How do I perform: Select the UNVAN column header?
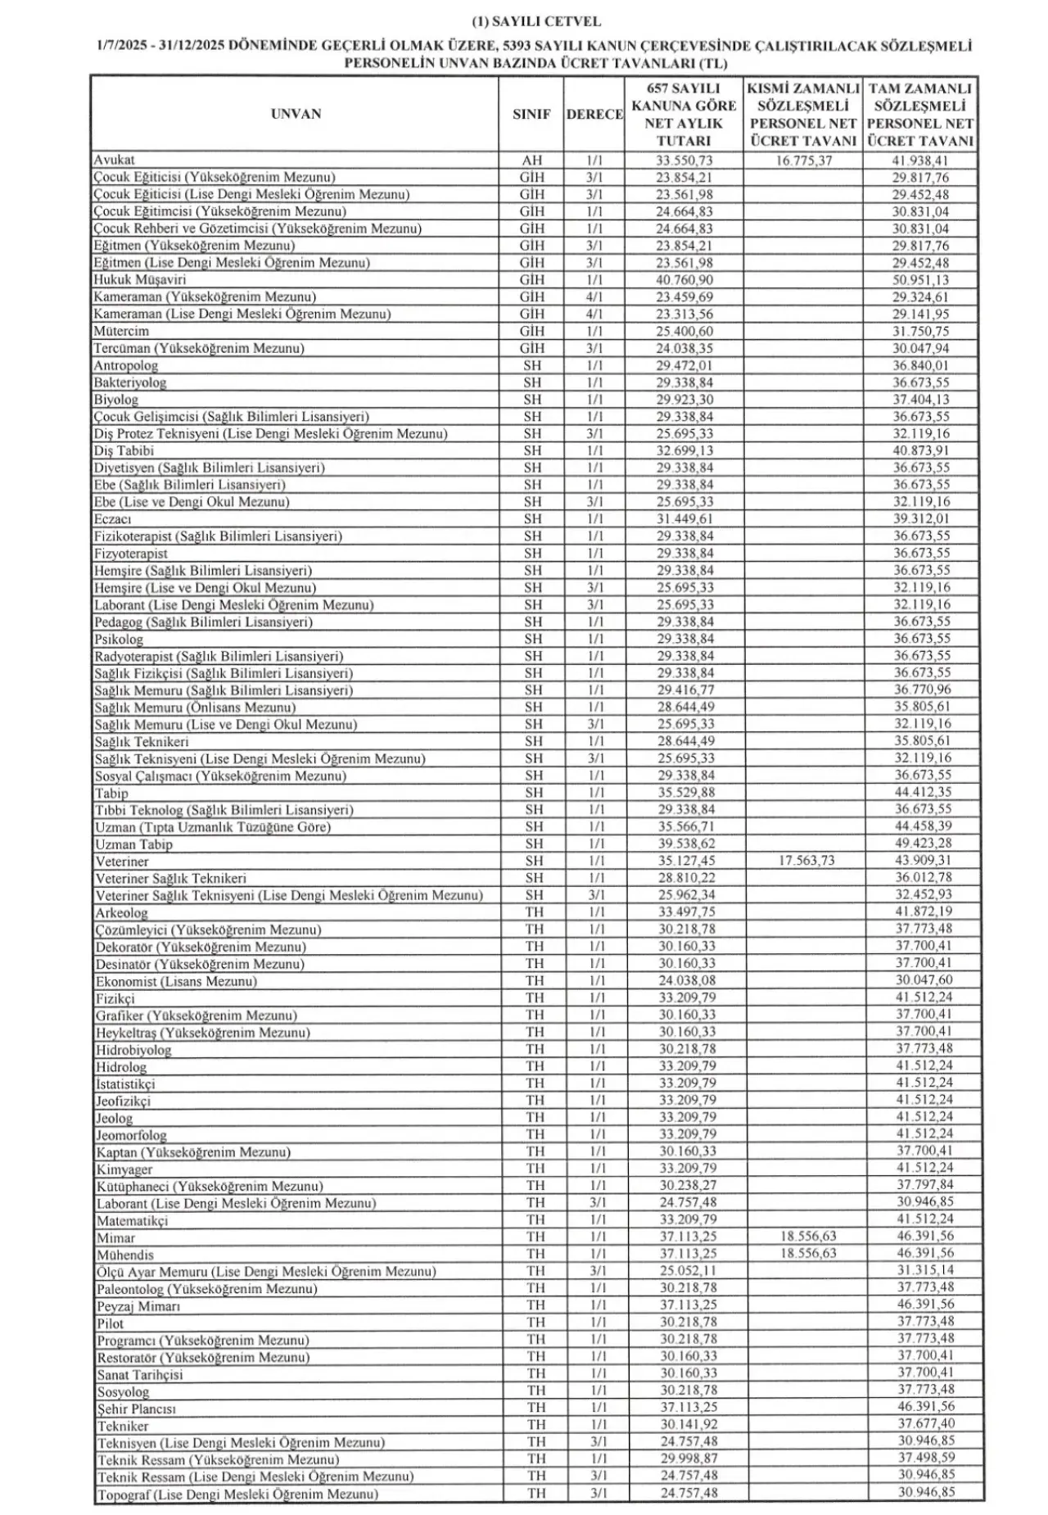[296, 114]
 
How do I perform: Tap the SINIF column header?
[531, 115]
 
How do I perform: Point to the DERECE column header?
[594, 115]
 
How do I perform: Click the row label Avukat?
[114, 160]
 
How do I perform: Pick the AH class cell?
[531, 161]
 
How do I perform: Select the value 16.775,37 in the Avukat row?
[802, 161]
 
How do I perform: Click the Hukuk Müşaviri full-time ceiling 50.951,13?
[921, 280]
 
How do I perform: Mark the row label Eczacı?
[113, 519]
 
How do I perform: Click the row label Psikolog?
[119, 639]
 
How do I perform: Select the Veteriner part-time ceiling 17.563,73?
[806, 861]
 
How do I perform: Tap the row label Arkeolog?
[121, 912]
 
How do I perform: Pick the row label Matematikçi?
[132, 1220]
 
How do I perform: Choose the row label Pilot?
[111, 1323]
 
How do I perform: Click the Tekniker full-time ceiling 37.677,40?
[924, 1425]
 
